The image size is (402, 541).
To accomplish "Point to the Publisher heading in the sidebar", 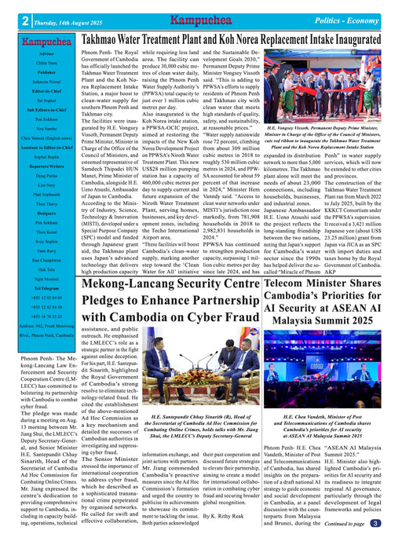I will pos(40,71).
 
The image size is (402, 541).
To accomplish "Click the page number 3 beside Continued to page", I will pos(375,522).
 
